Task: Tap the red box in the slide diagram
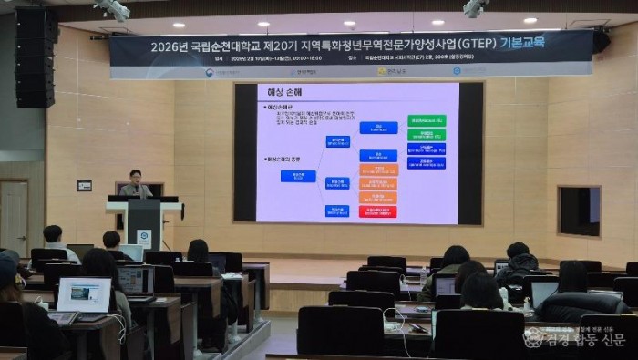click(377, 211)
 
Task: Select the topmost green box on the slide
click(427, 120)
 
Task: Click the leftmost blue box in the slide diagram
click(298, 176)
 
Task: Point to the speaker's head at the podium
click(135, 176)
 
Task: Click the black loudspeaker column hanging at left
click(36, 57)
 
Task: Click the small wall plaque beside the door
click(84, 185)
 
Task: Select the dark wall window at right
click(579, 211)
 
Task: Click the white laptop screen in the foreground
click(84, 294)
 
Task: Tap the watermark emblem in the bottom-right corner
click(533, 337)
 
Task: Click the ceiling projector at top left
click(115, 9)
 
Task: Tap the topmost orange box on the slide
click(378, 170)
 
